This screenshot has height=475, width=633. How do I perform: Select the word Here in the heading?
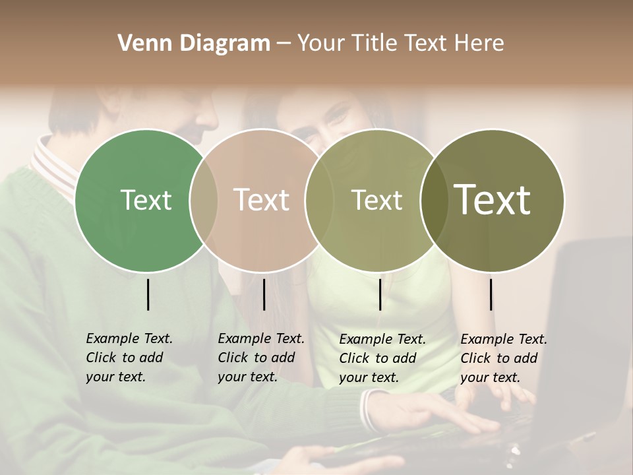(x=481, y=44)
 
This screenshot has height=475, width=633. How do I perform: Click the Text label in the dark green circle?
(x=146, y=200)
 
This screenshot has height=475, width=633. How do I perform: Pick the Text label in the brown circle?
(x=261, y=200)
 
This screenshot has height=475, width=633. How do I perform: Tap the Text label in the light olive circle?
(x=377, y=200)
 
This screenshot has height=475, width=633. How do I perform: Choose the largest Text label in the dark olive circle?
(x=493, y=200)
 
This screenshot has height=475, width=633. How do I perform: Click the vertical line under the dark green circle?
(x=148, y=294)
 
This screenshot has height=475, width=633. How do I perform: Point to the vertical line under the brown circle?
(x=264, y=294)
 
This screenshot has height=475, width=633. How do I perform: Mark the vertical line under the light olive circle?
(x=380, y=294)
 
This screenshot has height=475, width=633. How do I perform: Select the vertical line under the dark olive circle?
(x=491, y=294)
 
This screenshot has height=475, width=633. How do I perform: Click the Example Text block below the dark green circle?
(x=129, y=358)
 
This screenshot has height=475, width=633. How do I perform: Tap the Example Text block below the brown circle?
(x=261, y=358)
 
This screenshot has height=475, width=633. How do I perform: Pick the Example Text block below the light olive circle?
(x=382, y=358)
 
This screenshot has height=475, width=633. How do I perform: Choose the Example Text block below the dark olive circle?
(x=504, y=358)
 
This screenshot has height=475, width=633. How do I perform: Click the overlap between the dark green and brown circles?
(x=204, y=200)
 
